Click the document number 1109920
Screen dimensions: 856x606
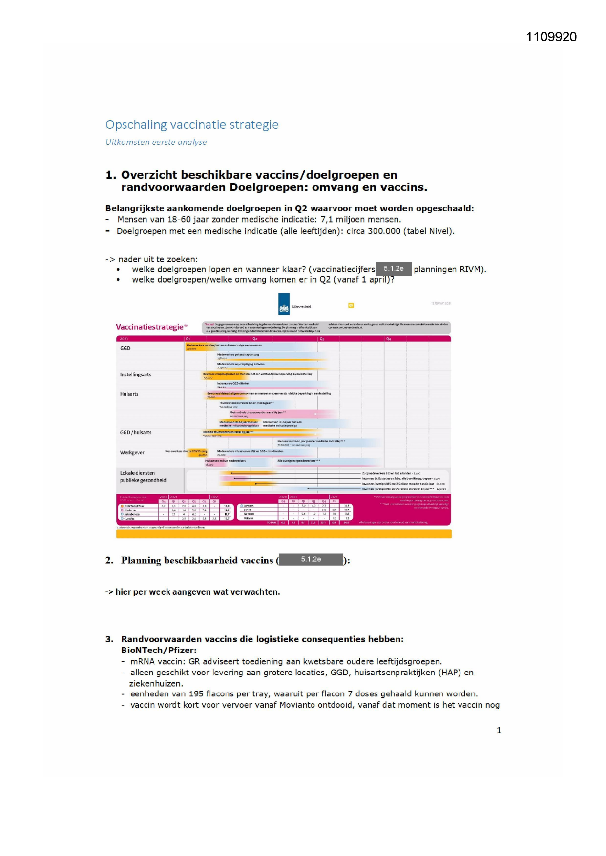click(x=551, y=37)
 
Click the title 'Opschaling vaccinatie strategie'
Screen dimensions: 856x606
click(x=192, y=125)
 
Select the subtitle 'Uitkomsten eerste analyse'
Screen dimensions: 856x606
click(x=156, y=142)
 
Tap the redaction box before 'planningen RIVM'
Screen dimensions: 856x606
click(x=394, y=269)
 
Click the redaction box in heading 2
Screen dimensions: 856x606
click(x=311, y=559)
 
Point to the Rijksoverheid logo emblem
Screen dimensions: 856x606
click(x=284, y=304)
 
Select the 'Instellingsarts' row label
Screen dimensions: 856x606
click(x=136, y=375)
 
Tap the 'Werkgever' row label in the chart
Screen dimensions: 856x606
click(x=132, y=453)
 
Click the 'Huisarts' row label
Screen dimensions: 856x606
click(x=129, y=394)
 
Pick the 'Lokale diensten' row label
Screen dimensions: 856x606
click(x=137, y=473)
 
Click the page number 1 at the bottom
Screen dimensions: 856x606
click(x=499, y=730)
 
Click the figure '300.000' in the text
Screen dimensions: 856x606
click(x=384, y=231)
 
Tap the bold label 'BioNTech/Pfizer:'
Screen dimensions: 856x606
click(x=159, y=650)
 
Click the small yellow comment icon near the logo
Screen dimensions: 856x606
click(x=351, y=306)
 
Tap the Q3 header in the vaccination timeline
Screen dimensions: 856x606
click(x=322, y=338)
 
